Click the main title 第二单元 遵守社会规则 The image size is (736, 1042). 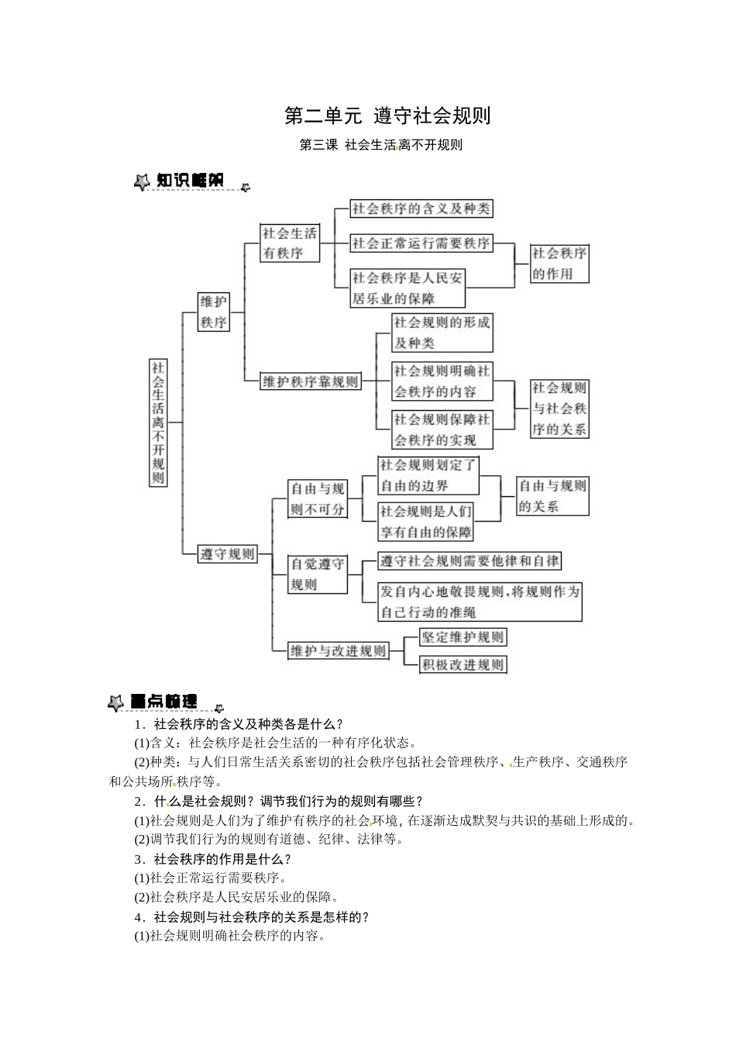click(387, 116)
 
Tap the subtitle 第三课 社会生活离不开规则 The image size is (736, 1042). click(380, 145)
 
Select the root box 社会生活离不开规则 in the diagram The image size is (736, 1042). click(158, 423)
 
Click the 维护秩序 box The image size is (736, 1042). click(214, 312)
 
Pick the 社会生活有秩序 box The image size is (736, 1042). click(290, 243)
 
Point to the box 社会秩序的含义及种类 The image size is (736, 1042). click(421, 209)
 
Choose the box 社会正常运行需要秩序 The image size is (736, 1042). click(421, 243)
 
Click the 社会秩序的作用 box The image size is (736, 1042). click(559, 264)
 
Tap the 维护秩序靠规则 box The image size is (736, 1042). click(311, 381)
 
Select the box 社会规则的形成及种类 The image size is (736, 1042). click(442, 333)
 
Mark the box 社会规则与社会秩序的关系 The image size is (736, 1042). click(559, 409)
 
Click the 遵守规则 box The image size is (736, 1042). click(228, 554)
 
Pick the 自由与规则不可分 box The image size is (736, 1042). click(317, 499)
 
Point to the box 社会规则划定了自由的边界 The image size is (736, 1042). click(428, 475)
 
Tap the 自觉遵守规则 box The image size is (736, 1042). click(317, 574)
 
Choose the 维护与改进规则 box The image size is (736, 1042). click(337, 650)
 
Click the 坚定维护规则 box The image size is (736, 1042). click(463, 637)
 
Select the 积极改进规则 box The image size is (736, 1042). click(463, 664)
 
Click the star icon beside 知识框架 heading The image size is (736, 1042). click(142, 182)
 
